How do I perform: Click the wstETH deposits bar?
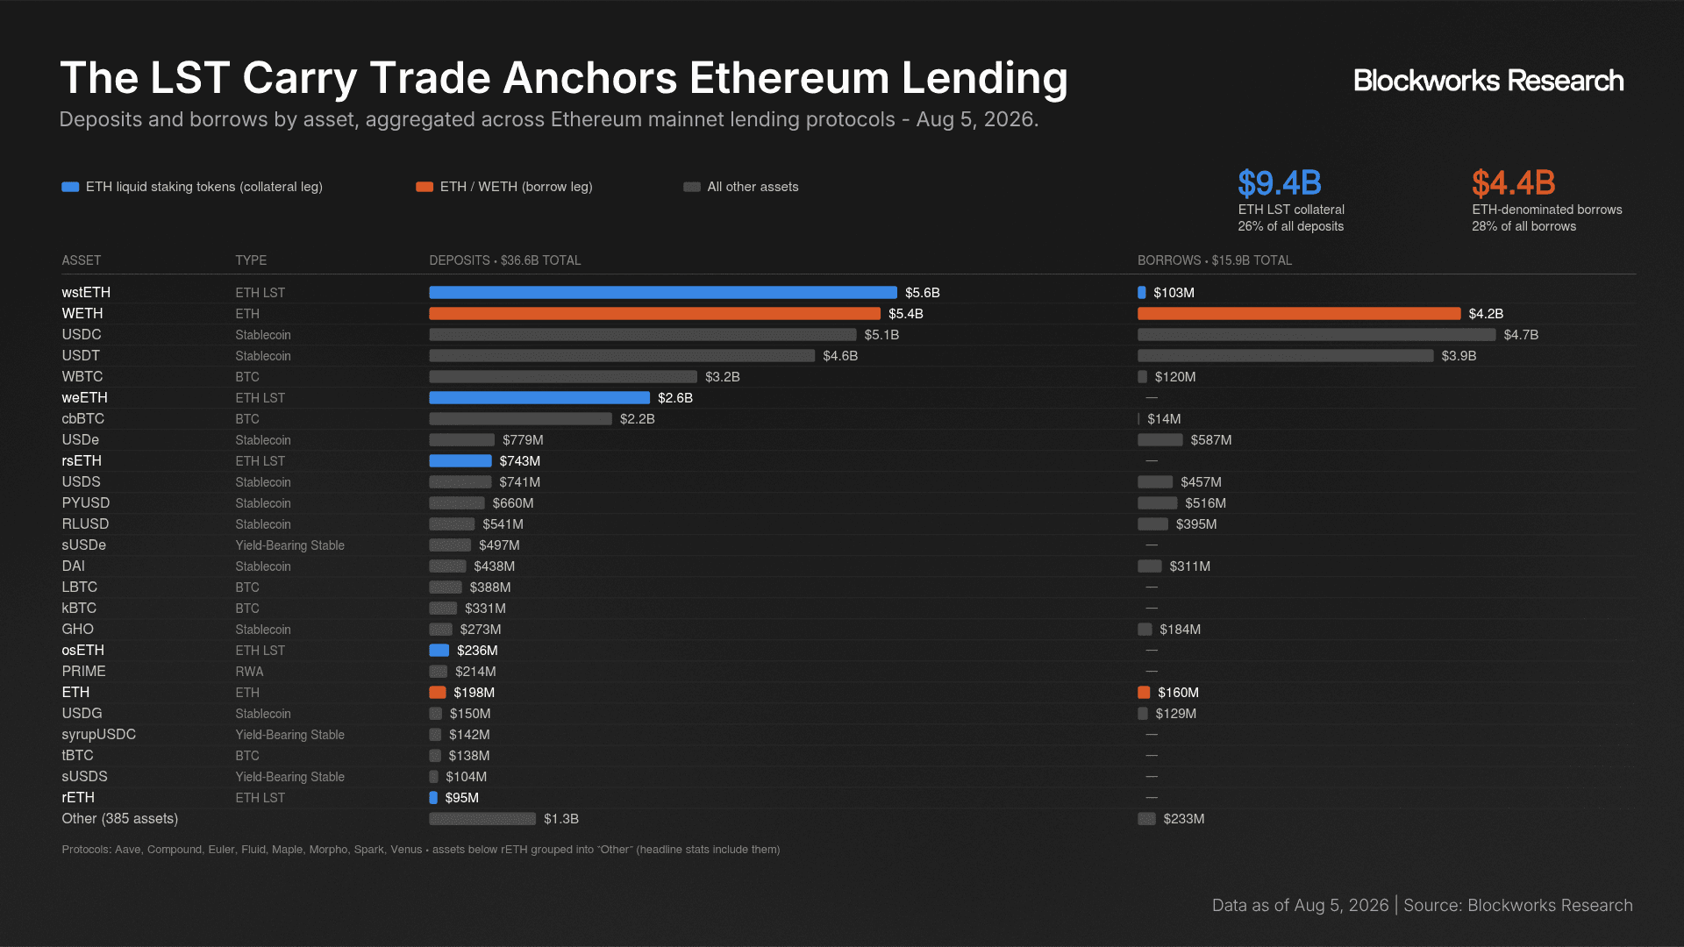[663, 293]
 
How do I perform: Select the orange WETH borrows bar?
[1299, 314]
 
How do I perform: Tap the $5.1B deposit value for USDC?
[881, 335]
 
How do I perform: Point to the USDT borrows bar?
[1286, 356]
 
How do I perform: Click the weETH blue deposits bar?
[539, 398]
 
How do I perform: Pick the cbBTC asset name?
[83, 419]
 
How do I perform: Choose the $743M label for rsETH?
[520, 461]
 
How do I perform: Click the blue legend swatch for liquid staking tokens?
[70, 187]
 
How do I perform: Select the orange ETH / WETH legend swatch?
[425, 187]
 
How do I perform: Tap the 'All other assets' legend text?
[753, 187]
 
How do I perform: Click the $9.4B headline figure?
[1280, 183]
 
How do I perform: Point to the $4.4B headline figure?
[1514, 183]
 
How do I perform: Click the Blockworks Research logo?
[1488, 81]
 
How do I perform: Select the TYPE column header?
[251, 260]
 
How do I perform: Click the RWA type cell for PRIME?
[249, 672]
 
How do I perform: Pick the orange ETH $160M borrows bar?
[1144, 693]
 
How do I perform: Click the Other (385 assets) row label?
[119, 819]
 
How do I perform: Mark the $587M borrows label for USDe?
[1211, 440]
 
